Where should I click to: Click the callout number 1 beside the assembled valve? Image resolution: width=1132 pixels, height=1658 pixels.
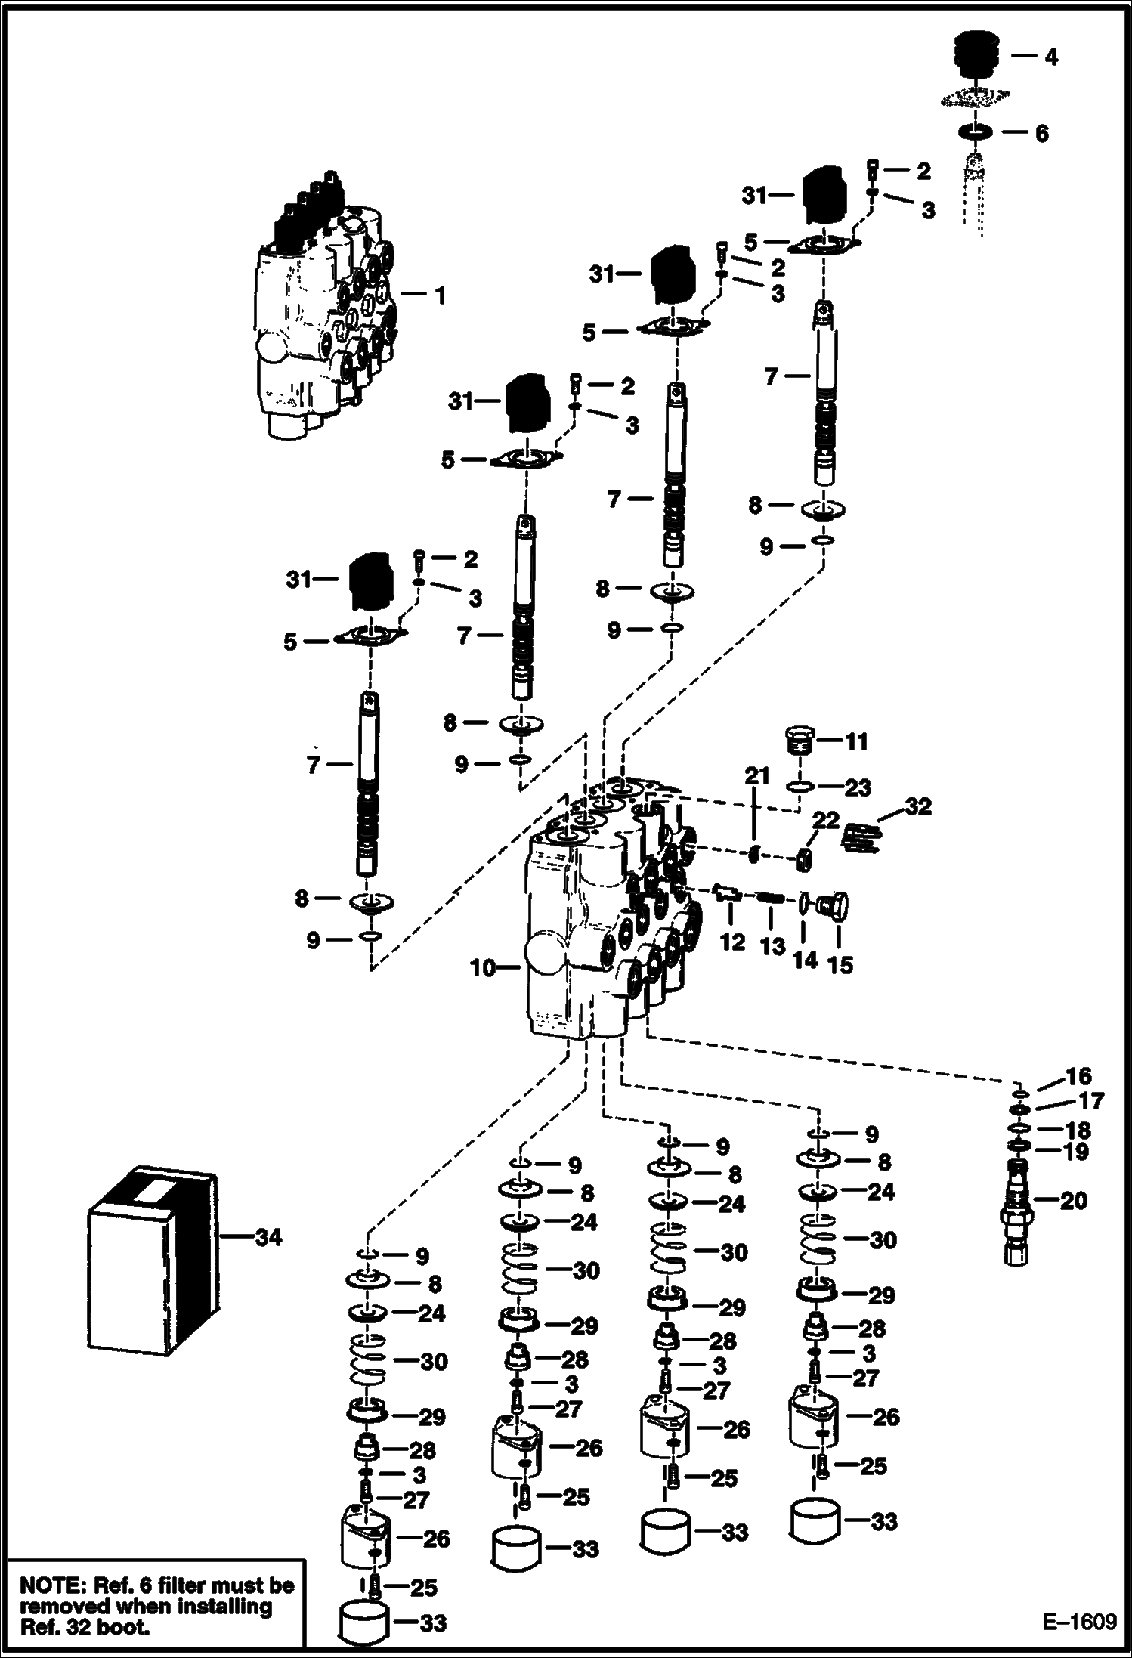point(440,295)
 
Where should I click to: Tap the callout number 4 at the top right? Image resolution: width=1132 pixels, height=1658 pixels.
point(1051,57)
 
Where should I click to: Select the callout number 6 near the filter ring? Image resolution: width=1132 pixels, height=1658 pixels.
point(1041,134)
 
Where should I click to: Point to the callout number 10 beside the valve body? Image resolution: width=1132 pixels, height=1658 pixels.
point(483,967)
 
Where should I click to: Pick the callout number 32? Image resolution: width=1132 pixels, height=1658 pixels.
point(918,806)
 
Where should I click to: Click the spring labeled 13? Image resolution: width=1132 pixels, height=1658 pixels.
point(769,898)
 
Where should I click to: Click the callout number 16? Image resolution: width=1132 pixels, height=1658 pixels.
point(1078,1076)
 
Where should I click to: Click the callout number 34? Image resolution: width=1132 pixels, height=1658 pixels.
point(268,1237)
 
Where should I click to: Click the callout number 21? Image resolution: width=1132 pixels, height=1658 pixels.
point(757,775)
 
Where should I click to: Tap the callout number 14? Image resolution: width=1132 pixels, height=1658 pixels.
point(805,960)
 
